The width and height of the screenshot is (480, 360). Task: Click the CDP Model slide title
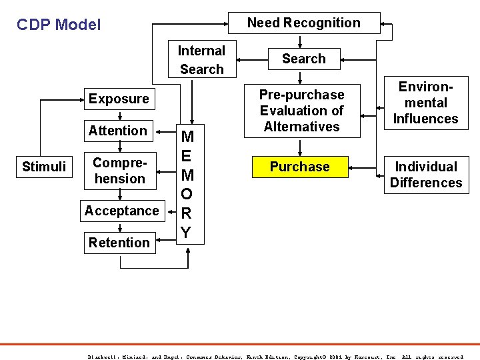59,25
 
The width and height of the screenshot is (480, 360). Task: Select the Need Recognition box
303,23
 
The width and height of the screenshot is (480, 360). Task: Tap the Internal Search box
201,60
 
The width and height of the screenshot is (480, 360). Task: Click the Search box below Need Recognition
303,59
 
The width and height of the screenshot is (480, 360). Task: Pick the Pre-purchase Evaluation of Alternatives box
301,111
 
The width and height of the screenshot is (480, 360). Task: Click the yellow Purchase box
299,167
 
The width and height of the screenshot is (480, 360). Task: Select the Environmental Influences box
425,103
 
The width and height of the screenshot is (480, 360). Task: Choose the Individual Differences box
425,175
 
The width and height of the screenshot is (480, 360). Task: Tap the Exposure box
119,99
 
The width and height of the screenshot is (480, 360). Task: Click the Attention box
118,131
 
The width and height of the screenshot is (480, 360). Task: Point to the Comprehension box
119,171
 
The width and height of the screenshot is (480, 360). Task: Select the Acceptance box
121,211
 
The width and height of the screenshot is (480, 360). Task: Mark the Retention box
119,243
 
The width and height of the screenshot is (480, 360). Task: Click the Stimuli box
44,167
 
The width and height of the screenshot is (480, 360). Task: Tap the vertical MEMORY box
187,185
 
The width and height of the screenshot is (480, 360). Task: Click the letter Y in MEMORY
187,232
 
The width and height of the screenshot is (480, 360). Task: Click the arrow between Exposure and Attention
119,115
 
